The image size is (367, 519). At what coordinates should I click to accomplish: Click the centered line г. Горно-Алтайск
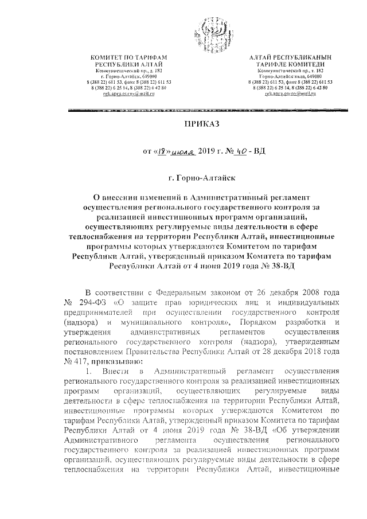pos(201,179)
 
